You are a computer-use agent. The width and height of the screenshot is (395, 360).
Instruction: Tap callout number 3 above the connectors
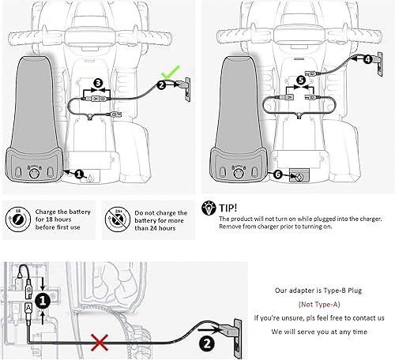(97, 83)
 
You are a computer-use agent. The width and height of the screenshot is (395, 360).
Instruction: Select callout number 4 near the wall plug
(368, 58)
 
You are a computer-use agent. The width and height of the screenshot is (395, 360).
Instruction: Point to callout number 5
(301, 80)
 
